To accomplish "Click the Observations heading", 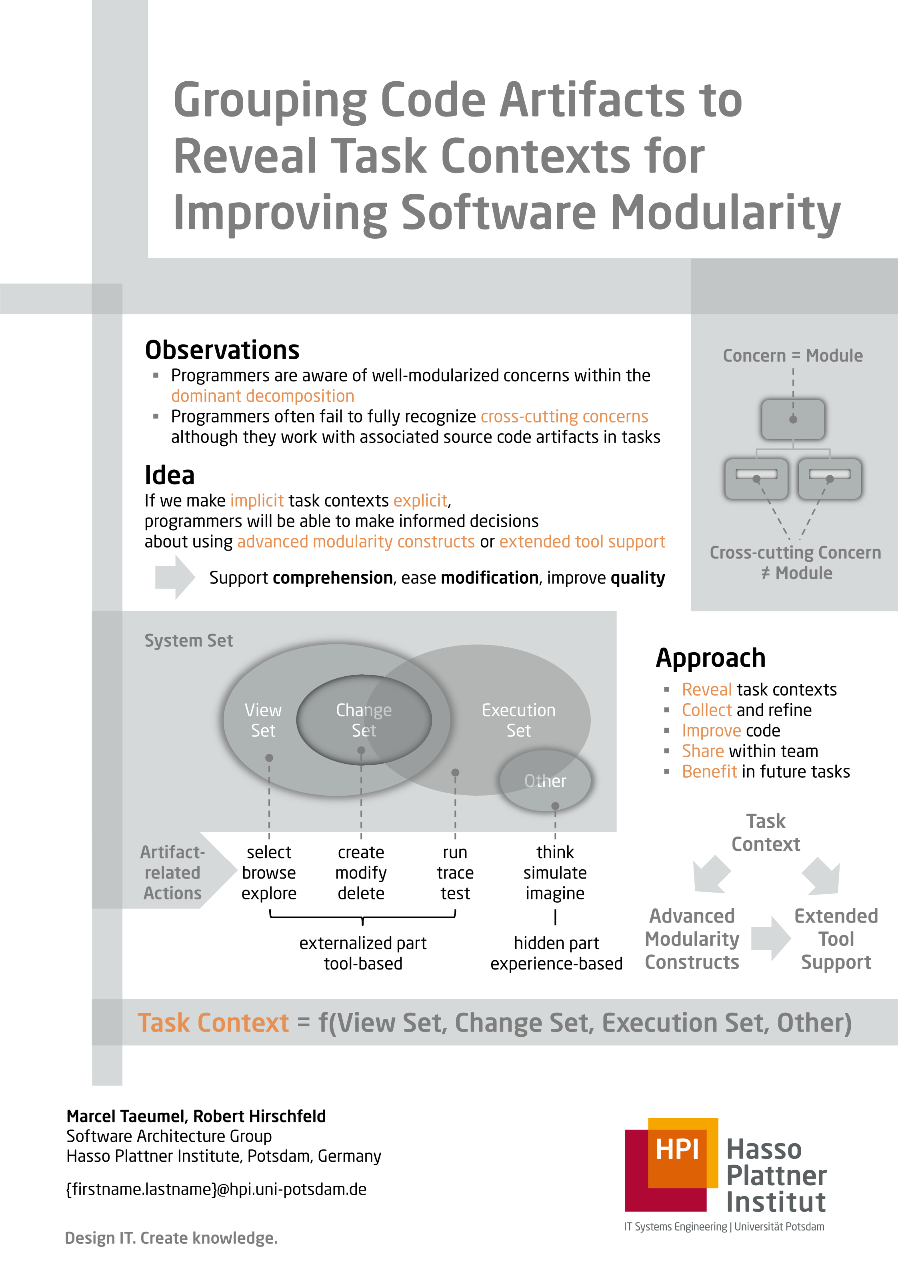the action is click(x=222, y=350).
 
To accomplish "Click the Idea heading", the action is click(x=170, y=475).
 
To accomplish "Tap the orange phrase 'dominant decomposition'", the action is click(x=262, y=396).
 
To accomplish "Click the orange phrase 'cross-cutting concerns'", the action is click(x=564, y=416).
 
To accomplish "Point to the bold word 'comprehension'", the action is click(x=332, y=578).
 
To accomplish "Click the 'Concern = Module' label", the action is click(x=793, y=356).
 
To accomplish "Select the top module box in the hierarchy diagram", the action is click(x=793, y=420).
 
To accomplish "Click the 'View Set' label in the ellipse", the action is click(x=263, y=720).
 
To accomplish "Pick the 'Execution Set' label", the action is click(x=518, y=720).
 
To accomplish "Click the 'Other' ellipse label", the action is click(x=545, y=780).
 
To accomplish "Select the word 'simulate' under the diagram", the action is click(x=555, y=873).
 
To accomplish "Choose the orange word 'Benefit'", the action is click(x=709, y=772).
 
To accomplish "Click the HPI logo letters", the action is click(x=677, y=1149).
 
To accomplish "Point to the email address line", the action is click(x=216, y=1189).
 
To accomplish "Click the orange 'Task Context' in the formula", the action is click(x=213, y=1023).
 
